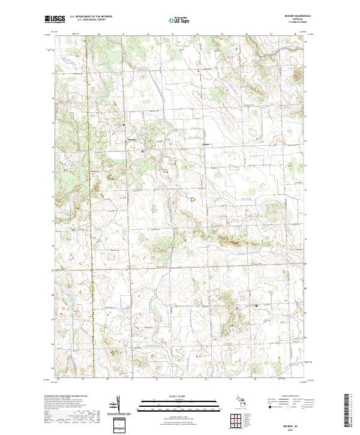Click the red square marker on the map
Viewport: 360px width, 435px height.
pos(143,151)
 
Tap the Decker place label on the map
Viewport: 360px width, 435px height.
pos(206,145)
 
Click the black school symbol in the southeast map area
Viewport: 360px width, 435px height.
pos(256,305)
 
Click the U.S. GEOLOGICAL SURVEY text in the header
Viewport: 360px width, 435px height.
pos(88,20)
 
